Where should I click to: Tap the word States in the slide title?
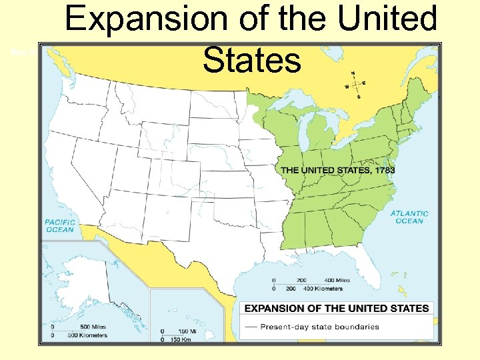click(x=252, y=60)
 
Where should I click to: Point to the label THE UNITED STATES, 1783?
click(x=338, y=171)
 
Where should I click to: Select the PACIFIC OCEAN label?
click(x=60, y=225)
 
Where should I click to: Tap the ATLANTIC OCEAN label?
click(x=409, y=217)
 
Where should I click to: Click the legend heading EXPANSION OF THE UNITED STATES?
click(x=337, y=308)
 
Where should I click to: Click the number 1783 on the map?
click(x=385, y=171)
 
